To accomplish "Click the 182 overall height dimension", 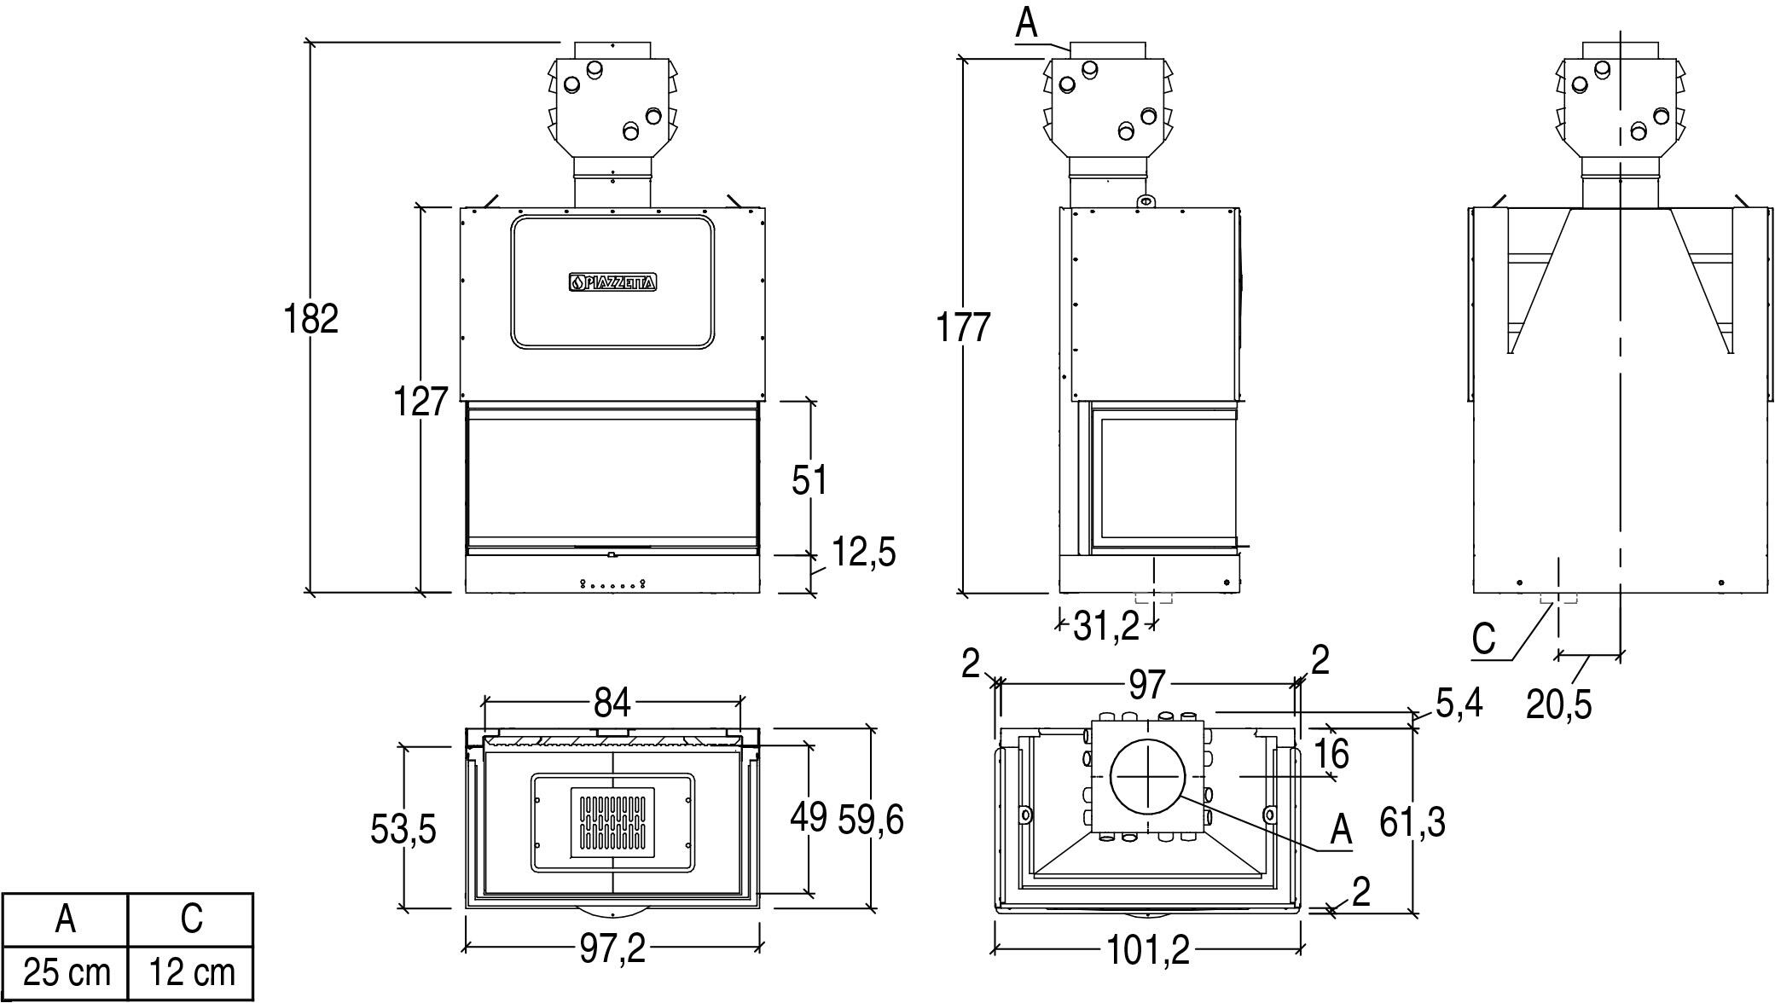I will pos(311,319).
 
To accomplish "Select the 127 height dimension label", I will pos(421,402).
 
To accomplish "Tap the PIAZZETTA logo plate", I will pos(612,282).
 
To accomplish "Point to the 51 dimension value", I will pos(809,480).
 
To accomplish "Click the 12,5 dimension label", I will pos(863,553).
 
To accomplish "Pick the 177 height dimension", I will pos(963,328).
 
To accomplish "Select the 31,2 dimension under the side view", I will pos(1105,627).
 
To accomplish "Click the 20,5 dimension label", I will pos(1558,704).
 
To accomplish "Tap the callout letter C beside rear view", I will pos(1484,639).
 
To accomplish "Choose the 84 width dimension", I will pos(612,703).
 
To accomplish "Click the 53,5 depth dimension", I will pos(403,828).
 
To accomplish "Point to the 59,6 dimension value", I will pos(870,820).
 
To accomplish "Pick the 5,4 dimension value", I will pos(1459,703).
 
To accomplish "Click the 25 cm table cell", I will pos(66,972).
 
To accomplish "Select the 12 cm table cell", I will pos(191,972).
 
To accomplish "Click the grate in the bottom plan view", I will pos(612,823).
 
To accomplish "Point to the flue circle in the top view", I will pos(1148,777).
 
